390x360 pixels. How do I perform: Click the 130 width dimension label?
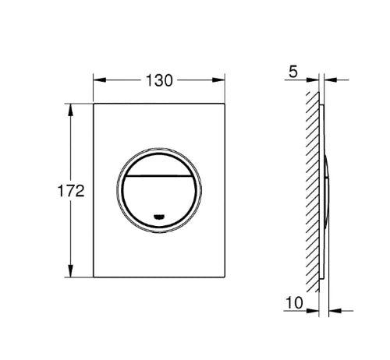[x=159, y=80]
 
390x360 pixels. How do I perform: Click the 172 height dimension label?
[x=71, y=191]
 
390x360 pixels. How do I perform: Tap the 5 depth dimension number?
[x=293, y=72]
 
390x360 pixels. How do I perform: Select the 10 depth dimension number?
[x=294, y=302]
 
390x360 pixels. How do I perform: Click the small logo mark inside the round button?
[x=159, y=216]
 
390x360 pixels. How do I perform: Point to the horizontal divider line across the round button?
[x=159, y=176]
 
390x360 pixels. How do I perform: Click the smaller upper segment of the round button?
[x=159, y=166]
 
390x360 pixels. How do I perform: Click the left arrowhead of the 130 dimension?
[x=100, y=79]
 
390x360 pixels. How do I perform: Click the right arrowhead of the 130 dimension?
[x=218, y=79]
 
